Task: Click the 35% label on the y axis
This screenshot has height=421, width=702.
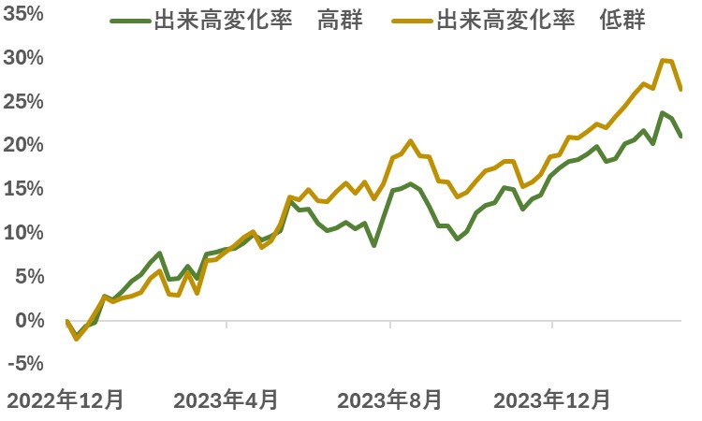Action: (23, 14)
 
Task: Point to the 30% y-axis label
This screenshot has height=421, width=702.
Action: (23, 58)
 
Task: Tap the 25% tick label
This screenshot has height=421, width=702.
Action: (23, 102)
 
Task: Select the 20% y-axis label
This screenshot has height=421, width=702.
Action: (23, 145)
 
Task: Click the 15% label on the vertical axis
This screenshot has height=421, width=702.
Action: (23, 189)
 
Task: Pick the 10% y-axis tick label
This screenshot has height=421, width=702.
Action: (23, 233)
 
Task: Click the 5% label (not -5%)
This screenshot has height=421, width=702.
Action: (30, 277)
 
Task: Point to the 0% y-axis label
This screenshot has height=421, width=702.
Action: (30, 320)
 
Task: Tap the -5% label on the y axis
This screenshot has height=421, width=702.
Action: (25, 363)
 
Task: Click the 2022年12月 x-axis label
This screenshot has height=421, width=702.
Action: (66, 399)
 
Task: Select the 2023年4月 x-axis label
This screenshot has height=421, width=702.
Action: (227, 399)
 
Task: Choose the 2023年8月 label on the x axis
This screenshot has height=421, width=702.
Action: (389, 399)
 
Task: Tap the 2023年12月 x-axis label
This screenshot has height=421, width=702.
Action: (552, 399)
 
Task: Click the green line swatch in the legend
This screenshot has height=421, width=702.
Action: (130, 21)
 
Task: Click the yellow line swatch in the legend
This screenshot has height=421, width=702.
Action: (413, 21)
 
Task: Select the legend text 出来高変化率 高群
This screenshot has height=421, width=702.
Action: (258, 21)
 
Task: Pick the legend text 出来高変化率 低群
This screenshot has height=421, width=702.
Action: (541, 21)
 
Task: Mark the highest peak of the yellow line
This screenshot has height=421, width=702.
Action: (663, 60)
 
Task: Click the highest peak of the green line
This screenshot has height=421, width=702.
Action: (662, 112)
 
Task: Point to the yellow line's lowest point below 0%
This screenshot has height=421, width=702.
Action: (77, 339)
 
